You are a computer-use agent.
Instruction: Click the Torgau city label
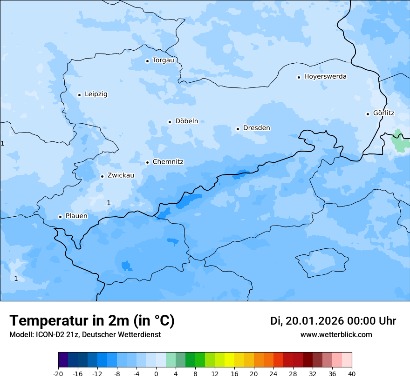pos(163,60)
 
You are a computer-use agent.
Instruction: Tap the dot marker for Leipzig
pos(79,95)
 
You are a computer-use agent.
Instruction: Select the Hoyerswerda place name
pos(325,77)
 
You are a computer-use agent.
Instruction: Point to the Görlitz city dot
pos(368,114)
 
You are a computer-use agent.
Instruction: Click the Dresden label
pos(256,128)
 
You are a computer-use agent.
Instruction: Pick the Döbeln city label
pos(186,121)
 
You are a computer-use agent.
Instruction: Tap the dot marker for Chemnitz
pos(147,163)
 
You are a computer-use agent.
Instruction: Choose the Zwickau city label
pos(121,176)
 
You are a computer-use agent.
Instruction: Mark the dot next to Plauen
pos(60,217)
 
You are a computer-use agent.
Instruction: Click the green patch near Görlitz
pos(399,141)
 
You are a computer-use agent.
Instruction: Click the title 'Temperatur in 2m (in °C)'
pos(92,320)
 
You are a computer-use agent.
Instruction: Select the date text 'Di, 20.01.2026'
pos(307,321)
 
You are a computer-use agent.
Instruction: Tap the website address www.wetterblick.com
pos(336,335)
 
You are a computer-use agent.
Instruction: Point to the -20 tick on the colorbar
pos(58,374)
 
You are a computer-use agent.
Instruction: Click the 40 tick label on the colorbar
pos(351,374)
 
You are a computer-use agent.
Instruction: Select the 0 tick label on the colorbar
pos(156,374)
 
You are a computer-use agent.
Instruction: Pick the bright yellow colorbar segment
pos(229,360)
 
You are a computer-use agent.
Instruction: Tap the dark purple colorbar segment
pos(63,360)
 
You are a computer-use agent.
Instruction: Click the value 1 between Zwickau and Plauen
pos(109,203)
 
